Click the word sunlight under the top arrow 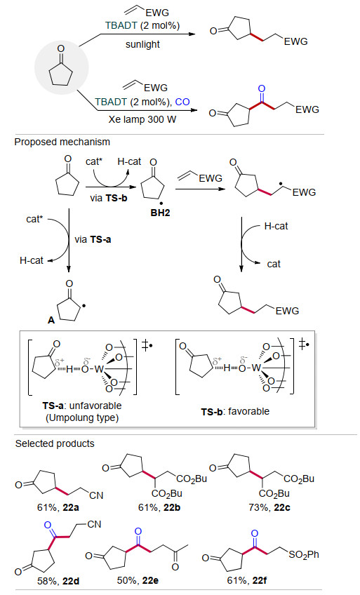tap(142, 44)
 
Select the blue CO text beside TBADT tap(182, 102)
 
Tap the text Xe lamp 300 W tap(142, 119)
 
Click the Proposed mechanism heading tap(62, 142)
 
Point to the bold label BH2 tap(160, 213)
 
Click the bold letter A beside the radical tap(51, 320)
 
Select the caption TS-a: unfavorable tap(82, 406)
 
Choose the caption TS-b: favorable tap(235, 411)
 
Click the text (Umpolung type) tap(82, 417)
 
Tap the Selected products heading tap(55, 443)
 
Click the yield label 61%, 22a tap(58, 507)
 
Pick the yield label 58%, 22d tap(58, 580)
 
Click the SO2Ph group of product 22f tap(304, 555)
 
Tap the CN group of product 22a tap(96, 495)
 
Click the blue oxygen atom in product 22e tap(138, 530)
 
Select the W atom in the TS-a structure tap(99, 369)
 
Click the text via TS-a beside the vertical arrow tap(93, 239)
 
